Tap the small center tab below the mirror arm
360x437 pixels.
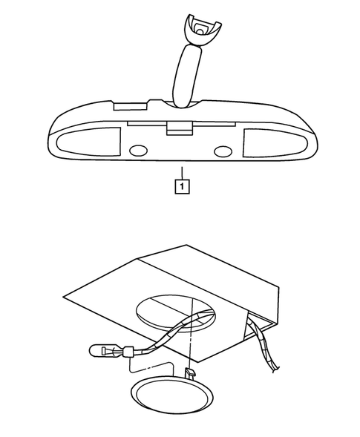[176, 128]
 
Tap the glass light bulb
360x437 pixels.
[97, 349]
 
